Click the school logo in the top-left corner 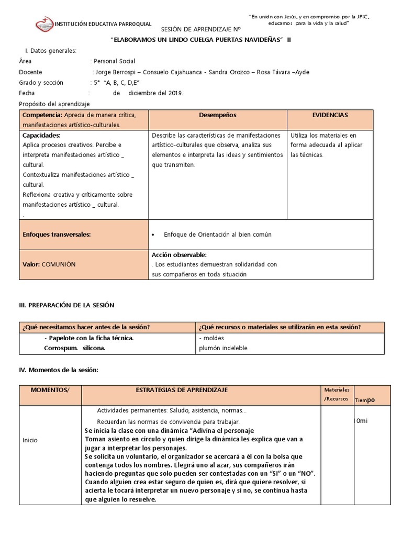[x=44, y=24]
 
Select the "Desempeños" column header [x=217, y=115]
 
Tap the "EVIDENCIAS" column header [x=330, y=115]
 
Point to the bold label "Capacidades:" [x=41, y=135]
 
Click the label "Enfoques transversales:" [x=57, y=234]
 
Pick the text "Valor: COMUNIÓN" [x=49, y=264]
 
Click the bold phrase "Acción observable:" [x=176, y=254]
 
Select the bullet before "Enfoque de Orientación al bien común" [x=153, y=235]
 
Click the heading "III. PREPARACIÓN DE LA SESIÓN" [x=66, y=305]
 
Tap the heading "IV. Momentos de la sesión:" [x=59, y=370]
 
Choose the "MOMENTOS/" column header [x=50, y=390]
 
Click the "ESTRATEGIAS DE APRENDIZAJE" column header [x=182, y=390]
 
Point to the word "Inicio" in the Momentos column [x=30, y=440]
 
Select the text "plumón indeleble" [x=223, y=348]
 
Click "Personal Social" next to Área [x=114, y=61]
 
